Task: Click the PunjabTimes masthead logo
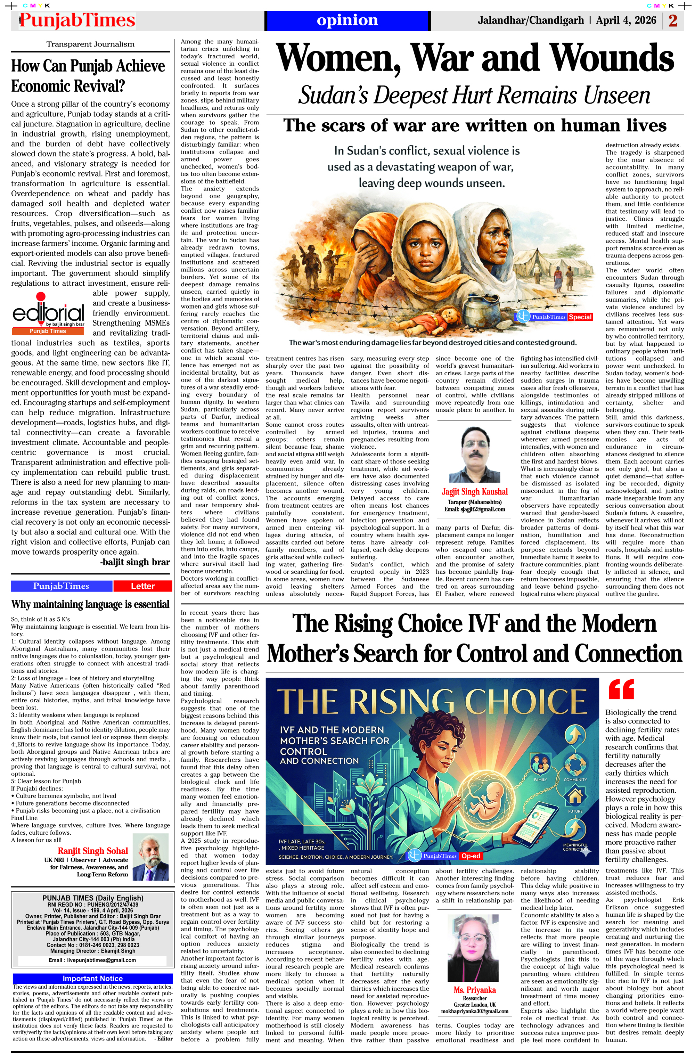click(x=77, y=21)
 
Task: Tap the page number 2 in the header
click(x=673, y=21)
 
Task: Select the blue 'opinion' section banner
click(x=347, y=21)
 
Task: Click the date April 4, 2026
click(x=626, y=21)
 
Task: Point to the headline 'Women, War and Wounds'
click(x=475, y=58)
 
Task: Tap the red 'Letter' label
click(x=142, y=586)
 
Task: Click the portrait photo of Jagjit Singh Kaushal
click(x=474, y=454)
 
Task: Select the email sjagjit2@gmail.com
click(x=474, y=509)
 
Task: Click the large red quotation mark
click(x=621, y=690)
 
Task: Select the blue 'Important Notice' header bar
click(x=92, y=979)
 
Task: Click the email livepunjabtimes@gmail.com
click(x=92, y=960)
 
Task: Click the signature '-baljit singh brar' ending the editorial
click(x=135, y=562)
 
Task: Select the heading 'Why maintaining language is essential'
click(x=90, y=604)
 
